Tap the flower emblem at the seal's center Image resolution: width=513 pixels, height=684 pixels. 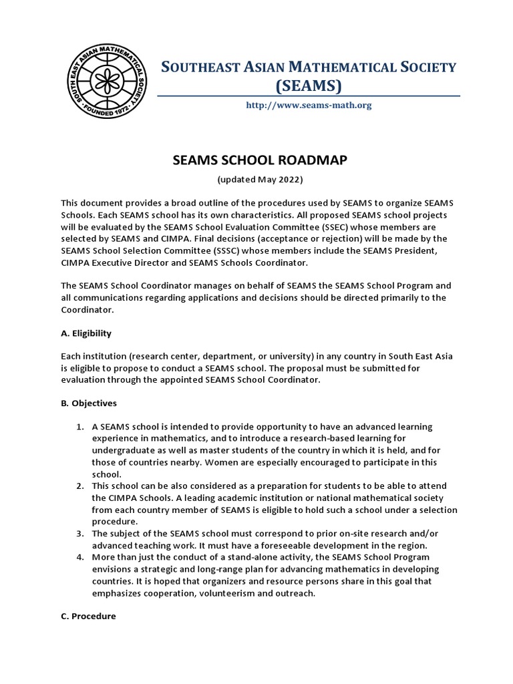(110, 81)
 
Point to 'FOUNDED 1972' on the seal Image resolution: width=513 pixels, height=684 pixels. (110, 114)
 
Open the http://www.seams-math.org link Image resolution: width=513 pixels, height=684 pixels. (309, 105)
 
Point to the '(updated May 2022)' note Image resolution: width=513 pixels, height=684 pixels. (260, 180)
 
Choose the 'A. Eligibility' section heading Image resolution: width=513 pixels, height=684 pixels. (86, 333)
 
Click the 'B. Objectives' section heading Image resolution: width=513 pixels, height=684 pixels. (89, 403)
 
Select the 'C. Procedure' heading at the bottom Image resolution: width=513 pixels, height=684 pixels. (88, 616)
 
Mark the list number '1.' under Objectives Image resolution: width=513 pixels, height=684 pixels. (79, 426)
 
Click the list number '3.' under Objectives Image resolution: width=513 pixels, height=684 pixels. (79, 533)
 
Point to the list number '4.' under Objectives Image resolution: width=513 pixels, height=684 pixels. (79, 557)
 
